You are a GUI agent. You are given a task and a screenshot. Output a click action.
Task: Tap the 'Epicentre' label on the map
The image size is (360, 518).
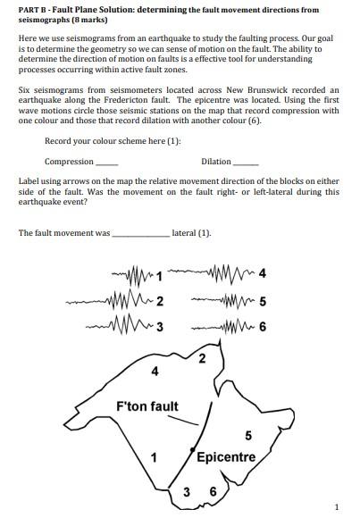pos(226,457)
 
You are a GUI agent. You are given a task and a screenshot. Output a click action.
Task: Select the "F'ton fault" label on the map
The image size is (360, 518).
pos(147,406)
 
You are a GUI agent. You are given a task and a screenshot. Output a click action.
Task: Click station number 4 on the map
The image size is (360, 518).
pos(155,371)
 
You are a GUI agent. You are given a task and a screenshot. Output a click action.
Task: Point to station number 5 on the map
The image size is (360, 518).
pos(247,435)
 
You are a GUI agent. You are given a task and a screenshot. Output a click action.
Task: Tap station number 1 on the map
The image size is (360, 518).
pos(154,458)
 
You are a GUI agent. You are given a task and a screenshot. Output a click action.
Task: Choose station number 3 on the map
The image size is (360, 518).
pos(187,491)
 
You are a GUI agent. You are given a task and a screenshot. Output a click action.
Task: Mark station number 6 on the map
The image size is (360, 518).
pos(213,491)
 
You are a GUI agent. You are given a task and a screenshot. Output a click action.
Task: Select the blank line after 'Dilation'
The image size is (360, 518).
pos(246,162)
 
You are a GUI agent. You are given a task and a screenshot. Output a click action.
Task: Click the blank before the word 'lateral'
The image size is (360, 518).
pos(140,233)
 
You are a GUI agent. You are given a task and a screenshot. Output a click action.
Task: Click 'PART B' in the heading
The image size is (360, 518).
pos(36,10)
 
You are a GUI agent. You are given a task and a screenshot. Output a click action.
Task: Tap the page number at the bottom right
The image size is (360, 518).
pos(336,507)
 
